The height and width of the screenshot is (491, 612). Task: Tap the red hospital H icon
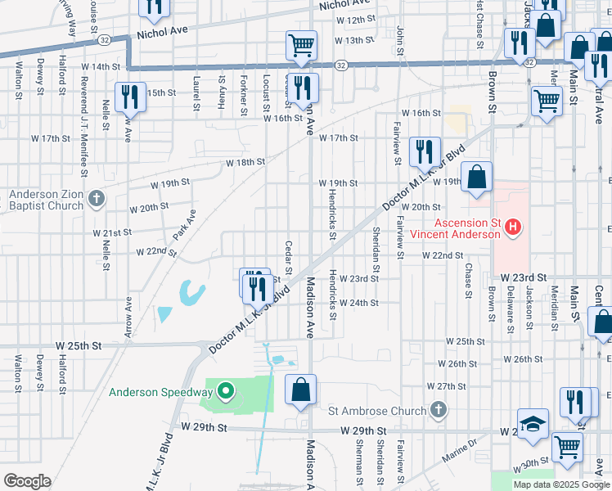point(512,227)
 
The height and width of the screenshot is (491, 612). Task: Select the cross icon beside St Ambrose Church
point(439,409)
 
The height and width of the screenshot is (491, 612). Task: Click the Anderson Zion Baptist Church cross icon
point(96,198)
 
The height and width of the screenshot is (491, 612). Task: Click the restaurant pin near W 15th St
point(130,97)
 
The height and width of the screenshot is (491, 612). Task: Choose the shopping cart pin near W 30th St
point(567,447)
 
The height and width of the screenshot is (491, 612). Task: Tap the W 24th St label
point(361,303)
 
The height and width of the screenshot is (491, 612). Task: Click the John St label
point(400,38)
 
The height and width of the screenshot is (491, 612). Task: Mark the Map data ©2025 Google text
point(560,484)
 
